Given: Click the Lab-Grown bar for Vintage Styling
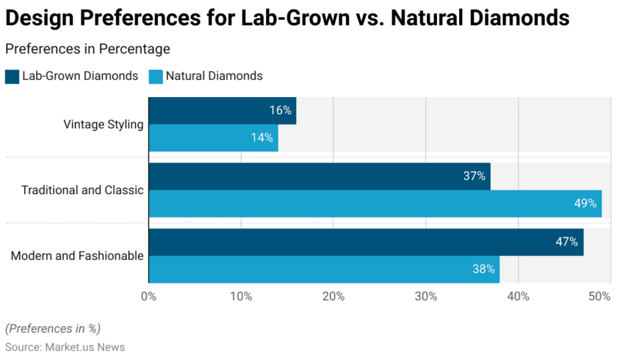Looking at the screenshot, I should tap(222, 110).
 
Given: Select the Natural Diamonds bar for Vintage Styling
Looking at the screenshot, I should tap(213, 137).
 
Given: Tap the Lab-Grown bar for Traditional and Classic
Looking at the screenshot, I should tap(319, 176).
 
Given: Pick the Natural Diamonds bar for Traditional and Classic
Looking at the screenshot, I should tap(375, 204).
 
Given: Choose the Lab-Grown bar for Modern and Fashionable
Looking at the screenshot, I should tap(366, 242).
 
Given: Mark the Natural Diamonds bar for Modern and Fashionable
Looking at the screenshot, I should tap(324, 270).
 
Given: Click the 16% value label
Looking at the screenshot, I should tap(281, 110).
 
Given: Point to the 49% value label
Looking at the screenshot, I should tap(585, 204).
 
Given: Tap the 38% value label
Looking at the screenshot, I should tap(483, 270).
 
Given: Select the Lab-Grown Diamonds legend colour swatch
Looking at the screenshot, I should tap(12, 76).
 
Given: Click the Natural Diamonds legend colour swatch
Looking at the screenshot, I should tap(156, 76).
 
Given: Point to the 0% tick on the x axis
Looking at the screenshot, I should tap(148, 297).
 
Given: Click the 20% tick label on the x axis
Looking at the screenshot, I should tap(333, 297).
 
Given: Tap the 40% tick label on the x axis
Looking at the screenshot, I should tap(519, 297).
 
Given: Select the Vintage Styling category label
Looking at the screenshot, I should tap(104, 124).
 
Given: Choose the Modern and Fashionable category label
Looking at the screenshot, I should tap(77, 256).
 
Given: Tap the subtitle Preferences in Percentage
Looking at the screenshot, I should tap(87, 49).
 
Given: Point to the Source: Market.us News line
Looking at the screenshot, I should tap(65, 347).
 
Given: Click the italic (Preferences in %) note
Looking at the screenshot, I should tap(53, 328).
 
